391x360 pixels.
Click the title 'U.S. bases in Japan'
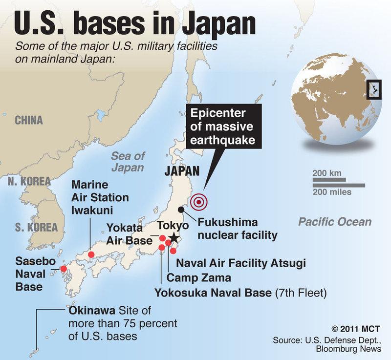[x=134, y=23]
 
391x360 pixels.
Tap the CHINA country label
[x=28, y=120]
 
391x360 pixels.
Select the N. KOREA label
[x=29, y=181]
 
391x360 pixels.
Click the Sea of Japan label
[x=128, y=162]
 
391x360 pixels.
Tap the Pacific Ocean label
[x=335, y=222]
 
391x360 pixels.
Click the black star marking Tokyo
[x=174, y=237]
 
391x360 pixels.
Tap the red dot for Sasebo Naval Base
[x=63, y=269]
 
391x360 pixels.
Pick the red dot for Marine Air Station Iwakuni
[x=91, y=254]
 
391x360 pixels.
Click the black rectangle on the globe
[x=373, y=89]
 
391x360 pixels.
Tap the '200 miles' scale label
[x=332, y=192]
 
